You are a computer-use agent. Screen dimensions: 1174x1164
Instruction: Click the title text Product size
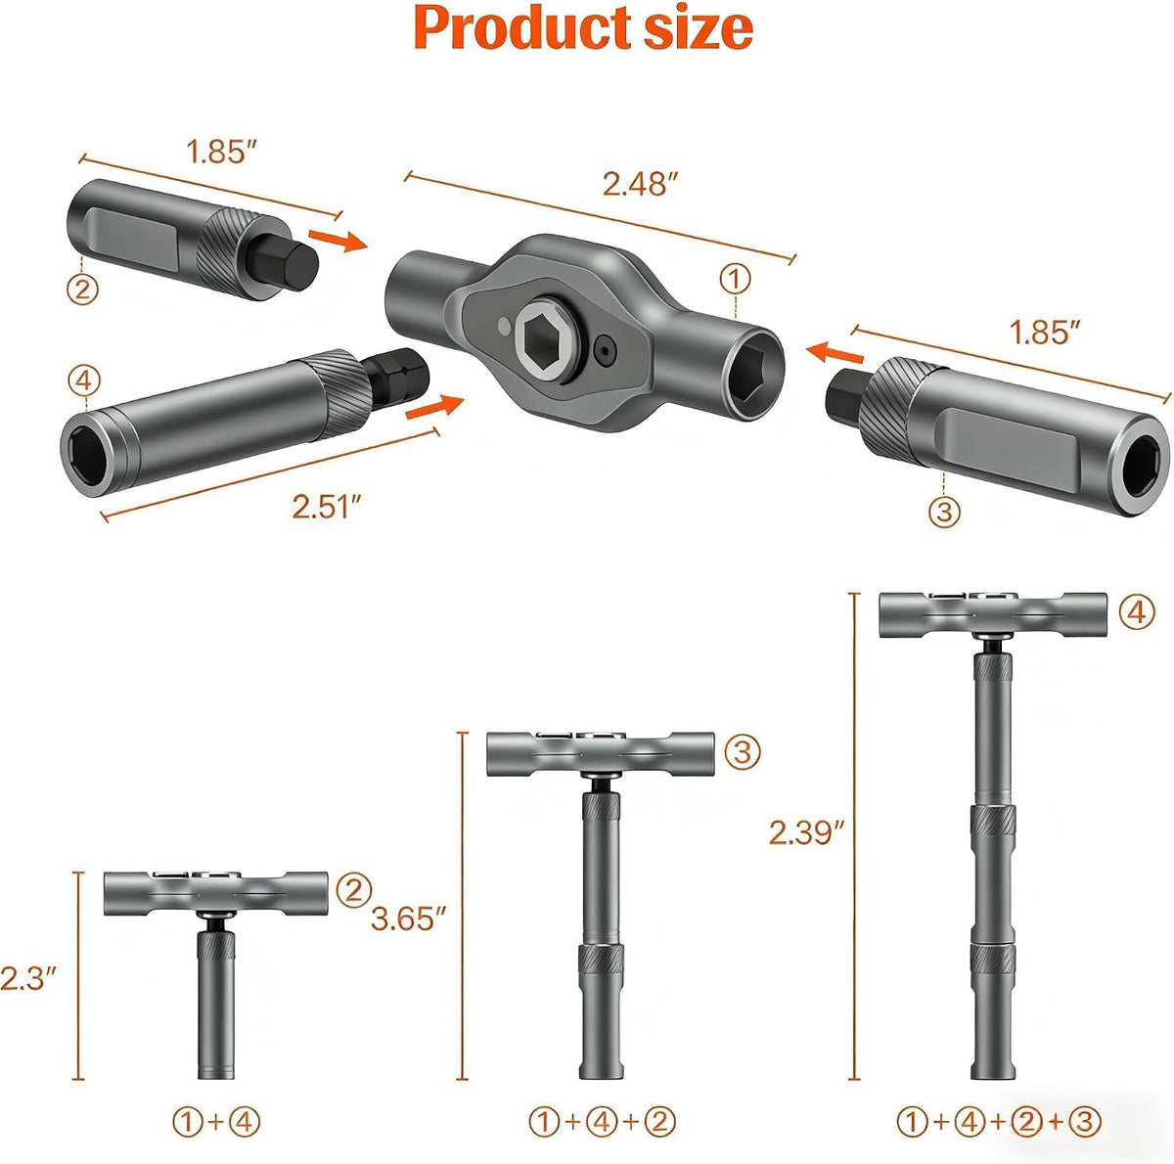click(583, 28)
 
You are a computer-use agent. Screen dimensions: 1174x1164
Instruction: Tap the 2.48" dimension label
click(640, 183)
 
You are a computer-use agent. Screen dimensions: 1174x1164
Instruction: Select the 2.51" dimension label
click(327, 506)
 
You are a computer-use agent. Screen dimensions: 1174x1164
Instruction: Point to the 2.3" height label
click(28, 978)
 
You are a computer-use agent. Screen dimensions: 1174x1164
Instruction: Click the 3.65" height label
click(408, 918)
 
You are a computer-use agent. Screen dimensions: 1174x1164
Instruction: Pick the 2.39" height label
click(807, 831)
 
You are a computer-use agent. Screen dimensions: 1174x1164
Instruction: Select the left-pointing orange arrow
click(835, 353)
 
